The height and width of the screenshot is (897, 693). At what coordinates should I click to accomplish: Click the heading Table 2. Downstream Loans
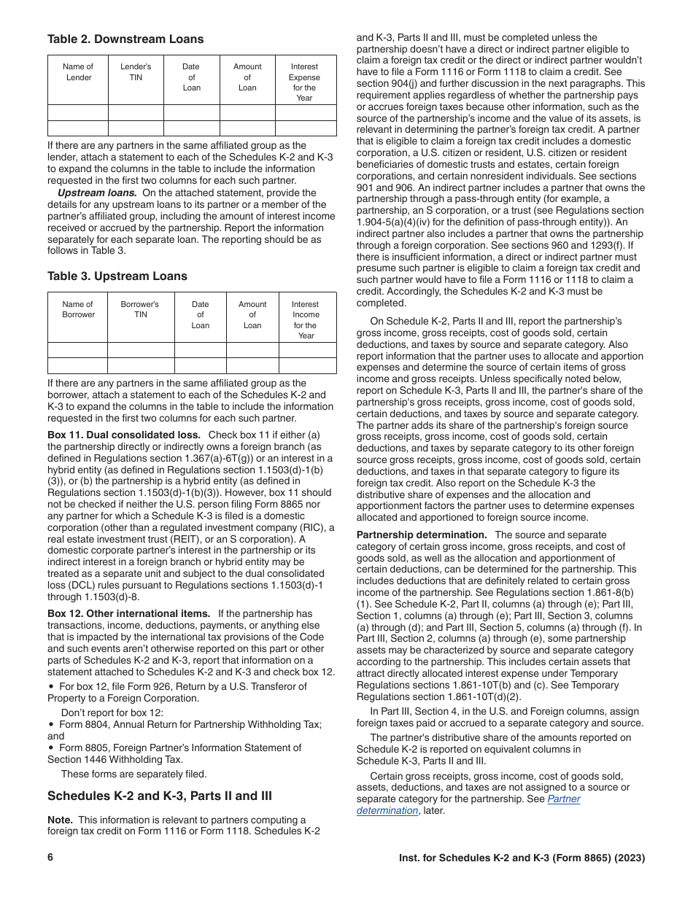125,39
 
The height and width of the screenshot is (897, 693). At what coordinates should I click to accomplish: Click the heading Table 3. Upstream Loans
117,276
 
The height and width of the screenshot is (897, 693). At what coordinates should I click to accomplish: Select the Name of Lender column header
79,72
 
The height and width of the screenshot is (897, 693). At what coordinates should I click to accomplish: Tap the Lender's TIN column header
136,72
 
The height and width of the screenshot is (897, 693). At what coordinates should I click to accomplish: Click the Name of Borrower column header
78,309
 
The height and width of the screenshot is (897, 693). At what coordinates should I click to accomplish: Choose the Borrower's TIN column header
140,309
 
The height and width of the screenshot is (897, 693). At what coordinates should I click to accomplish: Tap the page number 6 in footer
51,858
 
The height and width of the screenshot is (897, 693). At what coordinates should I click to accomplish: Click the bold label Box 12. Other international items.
128,613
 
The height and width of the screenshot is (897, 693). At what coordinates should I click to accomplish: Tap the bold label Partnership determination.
421,535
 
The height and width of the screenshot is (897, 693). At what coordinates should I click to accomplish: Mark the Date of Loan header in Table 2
192,77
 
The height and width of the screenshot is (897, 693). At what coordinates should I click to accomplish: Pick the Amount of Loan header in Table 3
252,315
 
